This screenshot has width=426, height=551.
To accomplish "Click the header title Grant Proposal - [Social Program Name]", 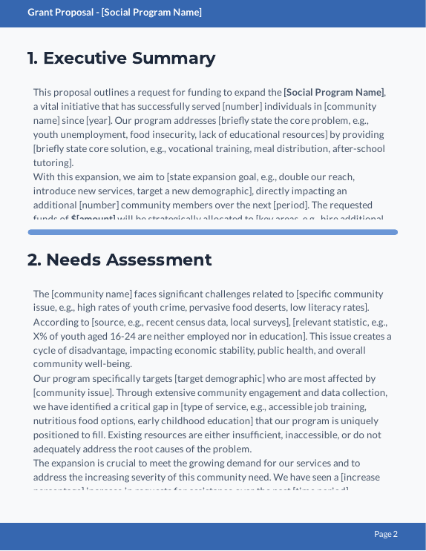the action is pyautogui.click(x=114, y=13).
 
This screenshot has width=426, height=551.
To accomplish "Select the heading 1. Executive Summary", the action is pyautogui.click(x=121, y=59).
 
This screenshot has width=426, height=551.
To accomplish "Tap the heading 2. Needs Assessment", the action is pyautogui.click(x=119, y=260).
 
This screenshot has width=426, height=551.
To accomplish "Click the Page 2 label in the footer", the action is pyautogui.click(x=386, y=534).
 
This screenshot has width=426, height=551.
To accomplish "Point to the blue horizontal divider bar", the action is pyautogui.click(x=212, y=232).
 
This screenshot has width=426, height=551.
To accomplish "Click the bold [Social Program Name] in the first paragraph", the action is pyautogui.click(x=333, y=93).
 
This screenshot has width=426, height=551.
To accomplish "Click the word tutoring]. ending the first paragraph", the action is pyautogui.click(x=53, y=163).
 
